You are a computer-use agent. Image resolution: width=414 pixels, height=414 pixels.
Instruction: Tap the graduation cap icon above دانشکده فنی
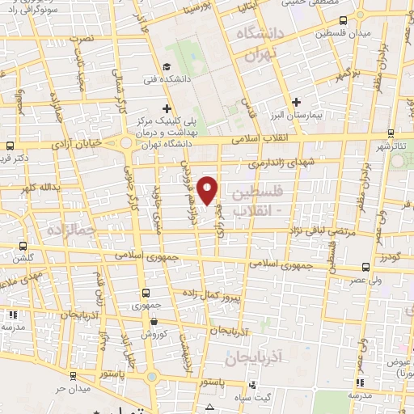(x=166, y=67)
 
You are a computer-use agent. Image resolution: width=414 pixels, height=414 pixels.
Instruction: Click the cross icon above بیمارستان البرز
(x=297, y=103)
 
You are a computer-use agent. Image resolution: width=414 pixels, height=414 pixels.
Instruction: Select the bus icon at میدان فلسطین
(x=344, y=20)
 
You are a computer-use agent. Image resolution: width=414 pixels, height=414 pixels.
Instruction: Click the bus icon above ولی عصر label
(x=366, y=265)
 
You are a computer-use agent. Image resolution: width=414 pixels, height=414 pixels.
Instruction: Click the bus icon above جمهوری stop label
(x=146, y=293)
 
